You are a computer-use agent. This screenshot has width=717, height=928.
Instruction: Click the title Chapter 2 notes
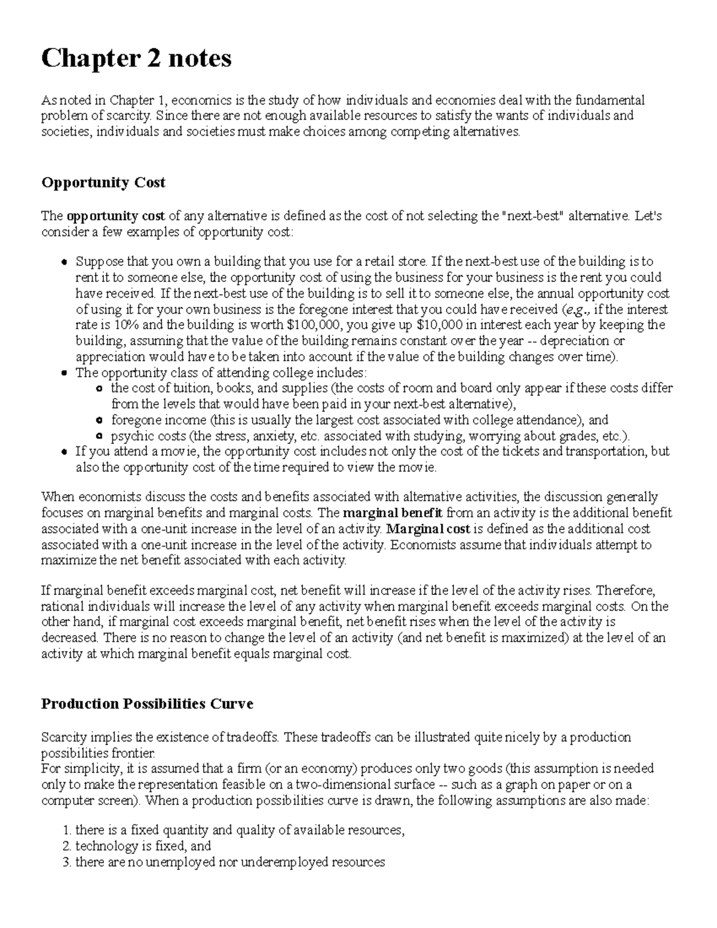pyautogui.click(x=136, y=59)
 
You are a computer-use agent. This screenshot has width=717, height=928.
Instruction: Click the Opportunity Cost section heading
pyautogui.click(x=103, y=183)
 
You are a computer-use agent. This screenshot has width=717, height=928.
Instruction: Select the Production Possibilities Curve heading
pyautogui.click(x=147, y=704)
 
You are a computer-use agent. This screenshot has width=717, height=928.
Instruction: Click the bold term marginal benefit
pyautogui.click(x=393, y=513)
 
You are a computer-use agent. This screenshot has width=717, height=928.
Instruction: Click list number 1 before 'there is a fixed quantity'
pyautogui.click(x=66, y=831)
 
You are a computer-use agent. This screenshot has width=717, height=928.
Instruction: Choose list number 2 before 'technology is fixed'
pyautogui.click(x=66, y=846)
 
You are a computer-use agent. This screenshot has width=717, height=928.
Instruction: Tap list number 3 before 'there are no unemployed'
pyautogui.click(x=66, y=862)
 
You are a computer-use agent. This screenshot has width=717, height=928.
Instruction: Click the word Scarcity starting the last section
pyautogui.click(x=64, y=737)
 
